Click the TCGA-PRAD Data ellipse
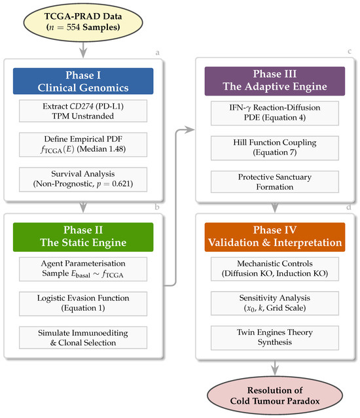tap(83, 22)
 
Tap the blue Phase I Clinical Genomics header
tap(83, 81)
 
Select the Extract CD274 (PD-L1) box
tap(83, 111)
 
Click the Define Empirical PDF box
tap(83, 145)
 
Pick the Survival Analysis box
tap(83, 179)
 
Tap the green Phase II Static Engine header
tap(83, 237)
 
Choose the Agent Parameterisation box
tap(83, 269)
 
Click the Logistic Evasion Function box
tap(83, 304)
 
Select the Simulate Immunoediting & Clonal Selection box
tap(83, 338)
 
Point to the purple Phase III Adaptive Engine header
tap(275, 81)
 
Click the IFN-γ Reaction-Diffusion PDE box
tap(275, 113)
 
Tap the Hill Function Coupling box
tap(275, 148)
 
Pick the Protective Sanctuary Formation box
tap(275, 182)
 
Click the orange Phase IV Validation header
tap(275, 237)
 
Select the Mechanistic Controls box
tap(275, 269)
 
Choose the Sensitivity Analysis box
tap(275, 304)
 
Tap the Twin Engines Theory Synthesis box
tap(275, 338)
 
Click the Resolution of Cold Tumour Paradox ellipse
tap(275, 395)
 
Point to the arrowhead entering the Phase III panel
tap(190, 130)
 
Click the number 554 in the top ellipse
tap(73, 27)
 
